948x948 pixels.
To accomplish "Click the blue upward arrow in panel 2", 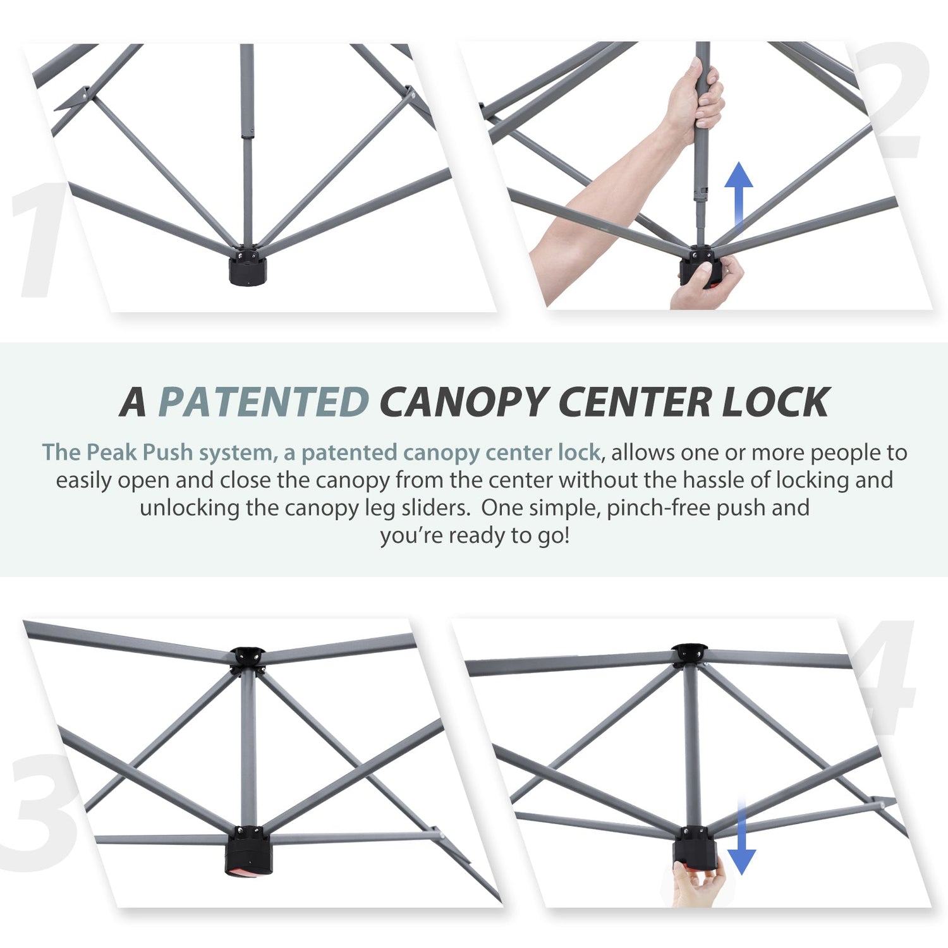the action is tap(738, 193).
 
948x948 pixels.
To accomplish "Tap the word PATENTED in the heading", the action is tap(264, 402).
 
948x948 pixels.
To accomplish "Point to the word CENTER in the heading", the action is tap(635, 402).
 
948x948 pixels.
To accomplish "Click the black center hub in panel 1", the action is tap(248, 266).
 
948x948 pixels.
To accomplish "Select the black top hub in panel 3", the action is tap(248, 659).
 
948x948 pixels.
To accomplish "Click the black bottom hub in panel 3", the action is tap(248, 851).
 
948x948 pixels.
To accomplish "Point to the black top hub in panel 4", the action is tap(690, 654).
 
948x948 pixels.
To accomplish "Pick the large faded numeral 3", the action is tap(41, 812).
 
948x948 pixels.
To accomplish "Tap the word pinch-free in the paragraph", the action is tap(658, 508).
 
